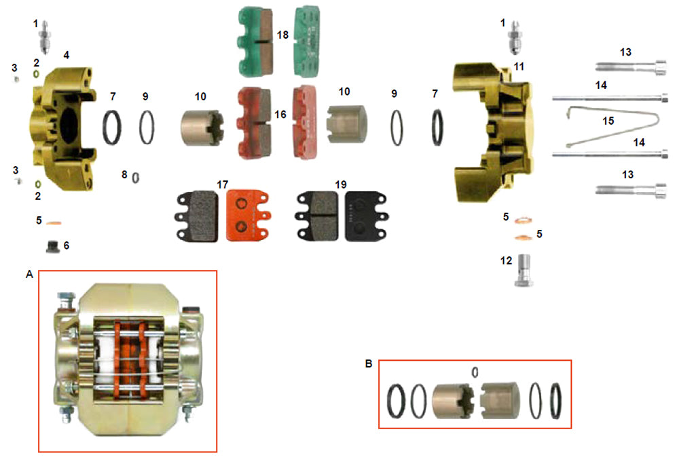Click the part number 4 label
(67, 54)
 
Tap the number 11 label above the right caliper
(519, 66)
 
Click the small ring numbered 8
(136, 177)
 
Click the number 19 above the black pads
(341, 184)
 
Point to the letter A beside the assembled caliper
(29, 275)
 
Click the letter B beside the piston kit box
(369, 363)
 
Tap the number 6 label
(67, 244)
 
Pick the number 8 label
(124, 175)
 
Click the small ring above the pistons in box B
(475, 371)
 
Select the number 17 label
(222, 184)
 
